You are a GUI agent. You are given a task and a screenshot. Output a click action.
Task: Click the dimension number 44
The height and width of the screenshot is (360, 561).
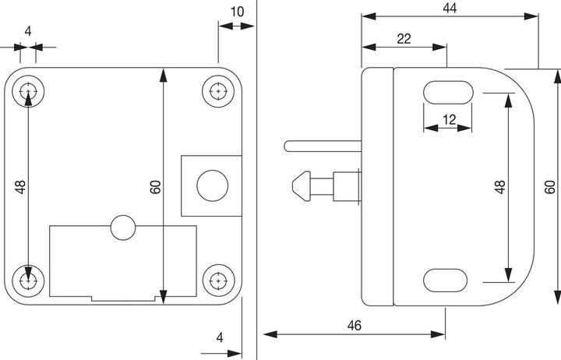(x=450, y=9)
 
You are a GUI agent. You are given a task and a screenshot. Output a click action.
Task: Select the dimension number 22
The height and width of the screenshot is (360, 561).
(x=404, y=39)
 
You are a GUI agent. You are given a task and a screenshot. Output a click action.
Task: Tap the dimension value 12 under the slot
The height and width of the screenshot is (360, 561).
(x=450, y=119)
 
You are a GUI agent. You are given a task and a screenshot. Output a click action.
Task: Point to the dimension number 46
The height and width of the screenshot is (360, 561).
(x=355, y=325)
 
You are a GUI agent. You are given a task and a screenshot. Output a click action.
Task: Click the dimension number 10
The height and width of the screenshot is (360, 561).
(x=237, y=12)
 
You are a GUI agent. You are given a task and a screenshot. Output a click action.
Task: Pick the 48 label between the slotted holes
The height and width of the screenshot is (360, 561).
(x=499, y=187)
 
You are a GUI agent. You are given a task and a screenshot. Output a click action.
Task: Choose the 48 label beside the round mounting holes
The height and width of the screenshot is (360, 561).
(x=20, y=187)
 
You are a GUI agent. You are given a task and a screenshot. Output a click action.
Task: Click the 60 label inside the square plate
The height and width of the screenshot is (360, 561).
(x=156, y=187)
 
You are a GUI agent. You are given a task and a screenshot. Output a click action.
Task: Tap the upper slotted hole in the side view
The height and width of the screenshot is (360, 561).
(x=448, y=92)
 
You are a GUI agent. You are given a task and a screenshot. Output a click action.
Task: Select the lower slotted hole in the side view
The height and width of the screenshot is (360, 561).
(x=445, y=281)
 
